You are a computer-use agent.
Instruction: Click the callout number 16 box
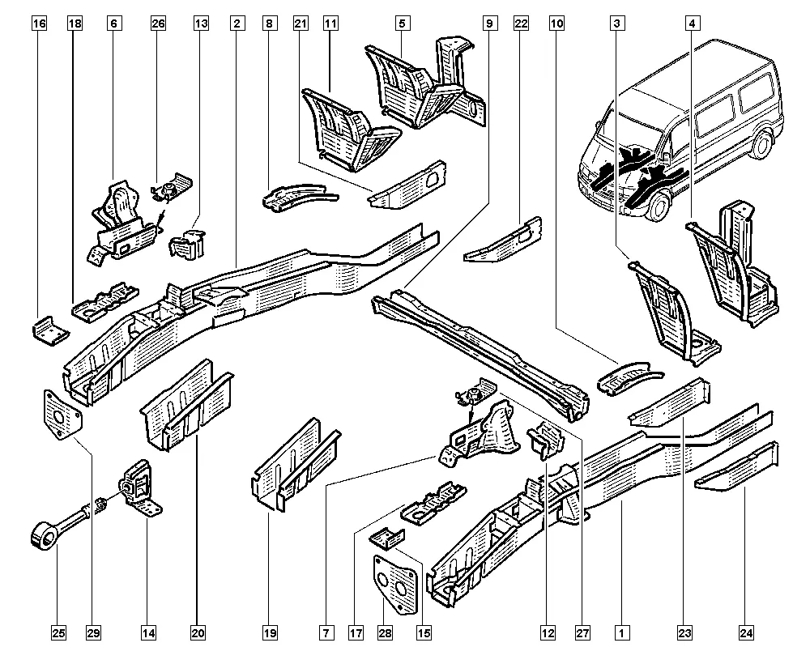point(39,24)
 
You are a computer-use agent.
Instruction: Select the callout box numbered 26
point(158,24)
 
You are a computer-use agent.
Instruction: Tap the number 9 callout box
point(489,24)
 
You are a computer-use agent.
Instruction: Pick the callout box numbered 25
point(58,632)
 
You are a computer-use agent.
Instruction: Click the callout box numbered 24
point(745,632)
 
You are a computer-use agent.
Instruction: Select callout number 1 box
point(621,632)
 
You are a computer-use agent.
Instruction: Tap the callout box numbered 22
point(521,24)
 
